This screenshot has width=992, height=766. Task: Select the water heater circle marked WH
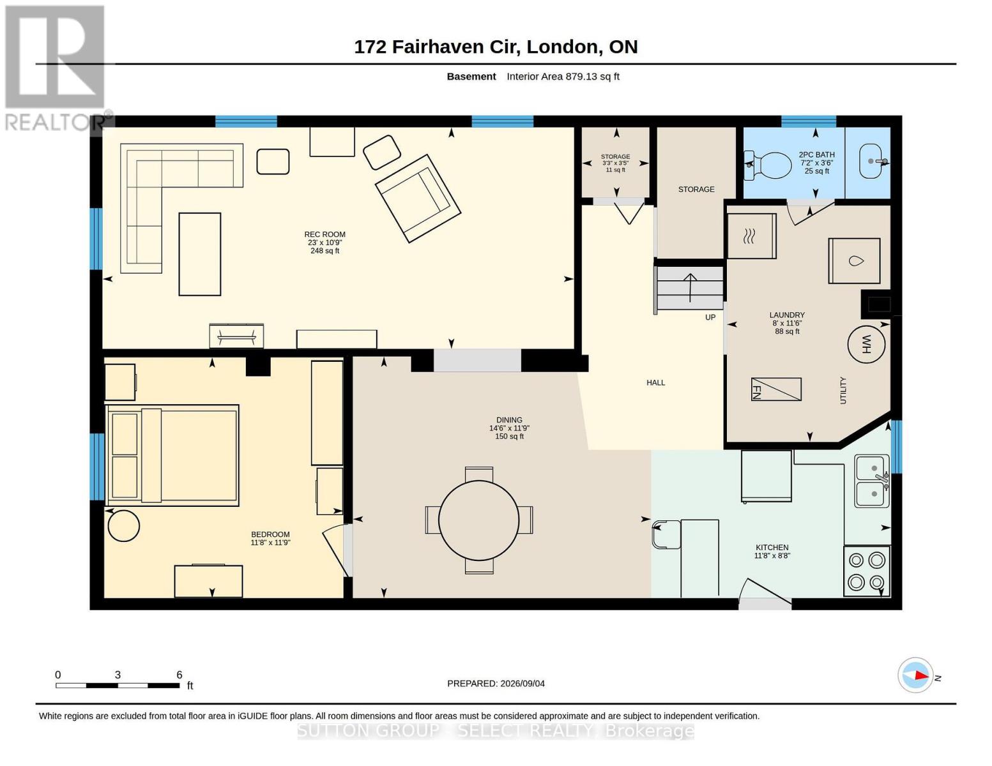[x=866, y=345]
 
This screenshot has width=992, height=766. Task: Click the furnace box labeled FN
[x=776, y=389]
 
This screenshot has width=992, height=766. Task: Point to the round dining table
[x=479, y=520]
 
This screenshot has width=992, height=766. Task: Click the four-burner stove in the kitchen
[x=866, y=571]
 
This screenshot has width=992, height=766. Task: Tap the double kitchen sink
[x=872, y=481]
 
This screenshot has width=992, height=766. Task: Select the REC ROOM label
[x=324, y=234]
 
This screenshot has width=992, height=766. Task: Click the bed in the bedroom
[x=172, y=455]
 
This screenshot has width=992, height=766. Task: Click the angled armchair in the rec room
[x=418, y=198]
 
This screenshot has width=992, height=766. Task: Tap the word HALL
[x=655, y=383]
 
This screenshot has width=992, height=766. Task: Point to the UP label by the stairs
[x=710, y=317]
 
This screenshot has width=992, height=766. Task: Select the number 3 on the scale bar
[x=118, y=675]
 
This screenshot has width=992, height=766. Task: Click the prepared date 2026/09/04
[x=523, y=684]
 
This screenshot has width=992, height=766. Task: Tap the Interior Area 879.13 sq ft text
[x=563, y=77]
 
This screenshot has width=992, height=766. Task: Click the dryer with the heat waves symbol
[x=751, y=236]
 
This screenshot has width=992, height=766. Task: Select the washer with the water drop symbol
[x=855, y=260]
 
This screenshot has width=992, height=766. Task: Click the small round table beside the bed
[x=124, y=526]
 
